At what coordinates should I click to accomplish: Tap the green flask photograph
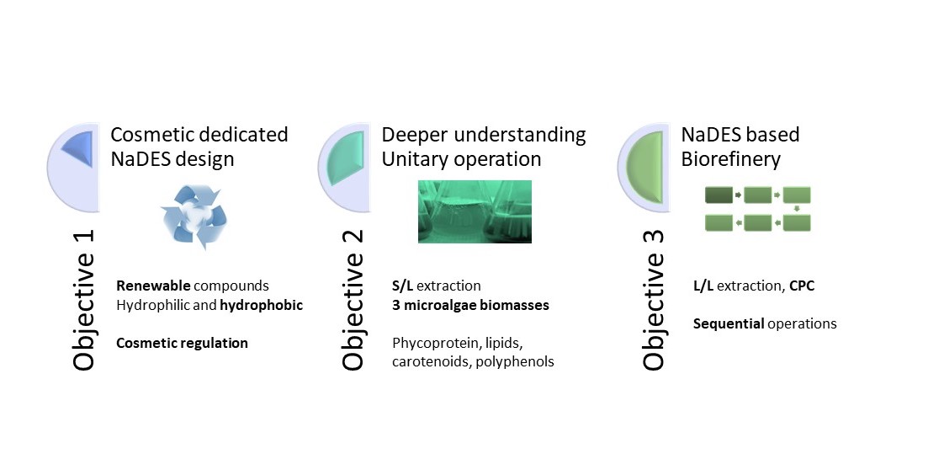pyautogui.click(x=475, y=211)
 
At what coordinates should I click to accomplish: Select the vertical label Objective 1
pyautogui.click(x=83, y=300)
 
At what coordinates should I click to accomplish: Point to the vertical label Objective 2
pyautogui.click(x=353, y=300)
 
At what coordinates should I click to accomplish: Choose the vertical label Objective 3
pyautogui.click(x=653, y=300)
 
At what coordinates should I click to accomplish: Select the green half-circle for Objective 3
pyautogui.click(x=647, y=168)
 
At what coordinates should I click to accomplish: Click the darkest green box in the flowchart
pyautogui.click(x=719, y=195)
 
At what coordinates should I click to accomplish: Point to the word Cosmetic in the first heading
pyautogui.click(x=152, y=134)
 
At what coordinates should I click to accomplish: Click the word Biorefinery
pyautogui.click(x=730, y=159)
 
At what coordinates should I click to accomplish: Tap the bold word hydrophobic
pyautogui.click(x=262, y=305)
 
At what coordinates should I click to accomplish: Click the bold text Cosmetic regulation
pyautogui.click(x=182, y=343)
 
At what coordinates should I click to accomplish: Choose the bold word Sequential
pyautogui.click(x=729, y=323)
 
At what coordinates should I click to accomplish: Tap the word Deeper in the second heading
pyautogui.click(x=412, y=135)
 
